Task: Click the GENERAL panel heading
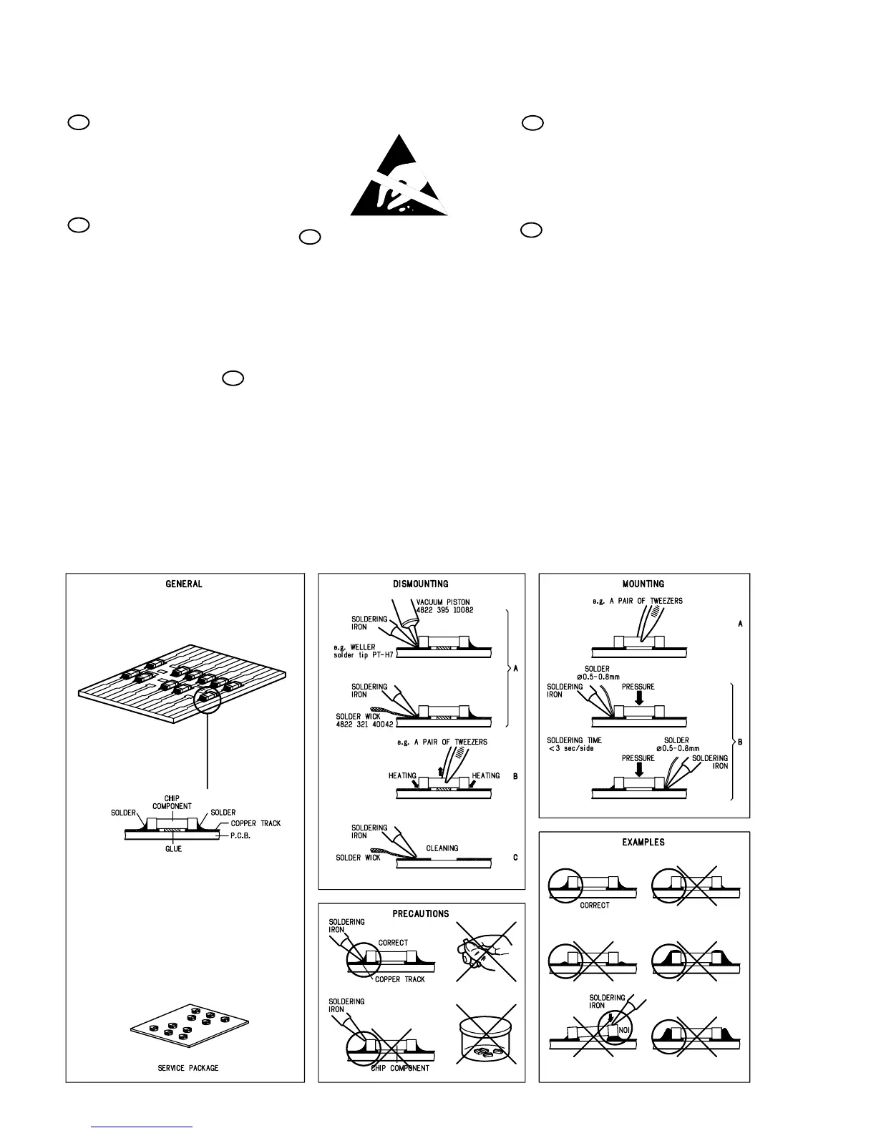coord(184,584)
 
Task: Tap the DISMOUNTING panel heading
coord(421,584)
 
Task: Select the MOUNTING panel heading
coord(643,584)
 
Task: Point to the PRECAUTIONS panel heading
coord(421,913)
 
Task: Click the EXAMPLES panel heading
coord(643,842)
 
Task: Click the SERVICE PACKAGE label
coord(188,1068)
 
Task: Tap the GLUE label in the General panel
coord(173,849)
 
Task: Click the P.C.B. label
coord(245,835)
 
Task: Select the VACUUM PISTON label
coord(443,602)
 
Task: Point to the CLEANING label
coord(442,848)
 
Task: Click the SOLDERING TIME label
coord(574,740)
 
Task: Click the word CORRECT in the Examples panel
coord(595,905)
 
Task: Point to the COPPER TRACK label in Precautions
coord(399,979)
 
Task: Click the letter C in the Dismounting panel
coord(515,858)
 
